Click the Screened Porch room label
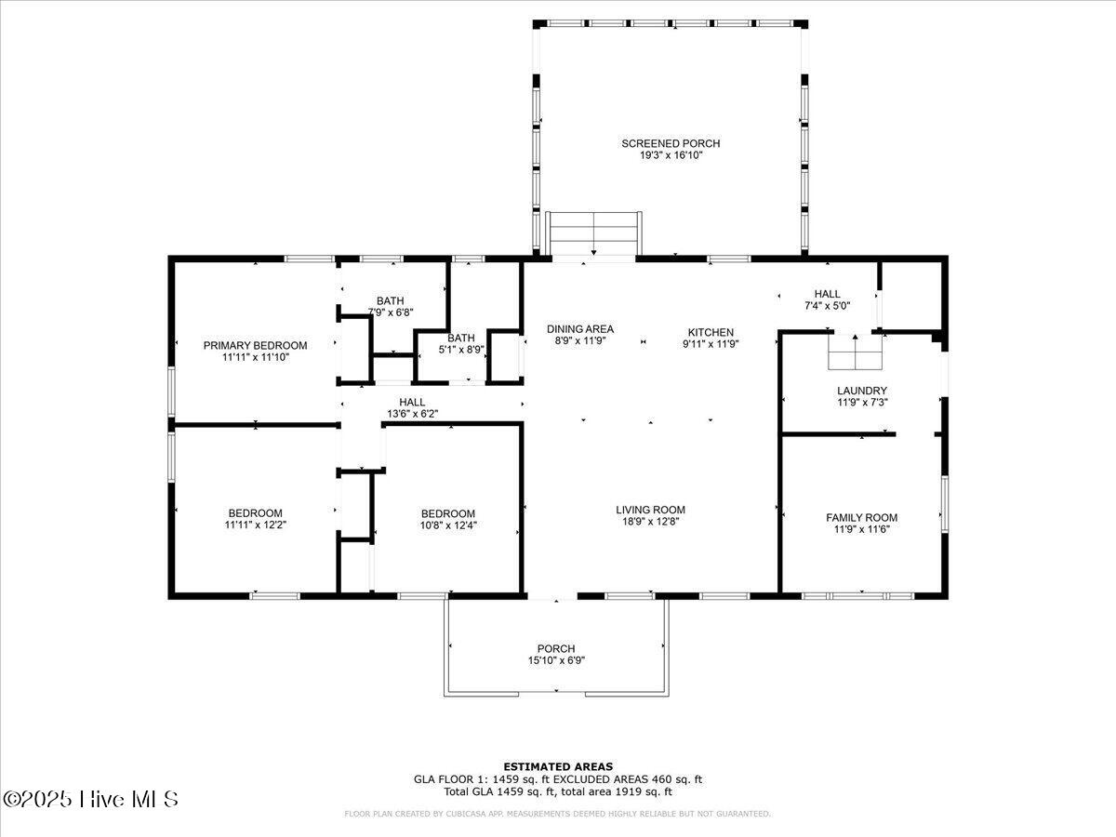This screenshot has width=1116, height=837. pos(671,144)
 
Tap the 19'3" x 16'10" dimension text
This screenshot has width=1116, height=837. pos(671,155)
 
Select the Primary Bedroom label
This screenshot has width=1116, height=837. pos(255,346)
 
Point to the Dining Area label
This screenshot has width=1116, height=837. pos(580,329)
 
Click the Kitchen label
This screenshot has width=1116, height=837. pos(711,332)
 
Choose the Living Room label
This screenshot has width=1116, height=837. pos(650,510)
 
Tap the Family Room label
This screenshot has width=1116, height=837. pos(862,518)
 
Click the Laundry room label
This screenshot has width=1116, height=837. pos(862,391)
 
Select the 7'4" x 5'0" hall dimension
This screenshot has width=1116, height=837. pos(827,306)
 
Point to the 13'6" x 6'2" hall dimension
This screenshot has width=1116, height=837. pos(412,414)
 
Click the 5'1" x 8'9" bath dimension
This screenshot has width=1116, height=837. pos(461,350)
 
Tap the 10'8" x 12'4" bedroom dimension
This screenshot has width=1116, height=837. pos(448,525)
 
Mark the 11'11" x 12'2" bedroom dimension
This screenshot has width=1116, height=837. pos(255,525)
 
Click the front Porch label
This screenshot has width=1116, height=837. pos(556,649)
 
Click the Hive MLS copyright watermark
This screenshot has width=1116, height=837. pos(90,800)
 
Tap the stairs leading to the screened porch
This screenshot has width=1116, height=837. pos(593,233)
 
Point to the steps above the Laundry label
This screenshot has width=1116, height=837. pos(855,352)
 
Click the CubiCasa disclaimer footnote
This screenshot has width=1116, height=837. pos(557,814)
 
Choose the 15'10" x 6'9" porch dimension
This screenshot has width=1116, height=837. pos(556,660)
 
